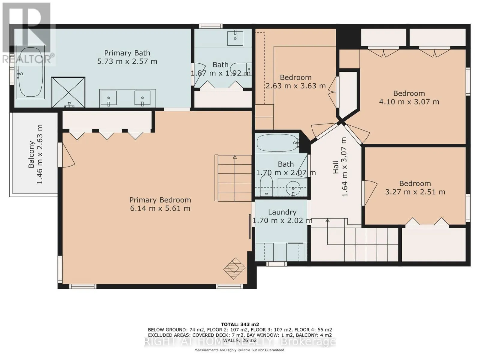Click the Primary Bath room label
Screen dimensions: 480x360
pyautogui.click(x=127, y=53)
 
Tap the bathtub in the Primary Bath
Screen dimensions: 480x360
pyautogui.click(x=31, y=72)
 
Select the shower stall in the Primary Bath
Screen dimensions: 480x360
pyautogui.click(x=68, y=92)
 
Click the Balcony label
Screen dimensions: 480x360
pyautogui.click(x=31, y=154)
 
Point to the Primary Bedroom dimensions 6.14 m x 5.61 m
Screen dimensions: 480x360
pyautogui.click(x=160, y=208)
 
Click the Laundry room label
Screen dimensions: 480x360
pyautogui.click(x=282, y=212)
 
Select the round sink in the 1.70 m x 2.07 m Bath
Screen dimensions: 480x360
pyautogui.click(x=293, y=188)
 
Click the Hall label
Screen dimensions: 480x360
pyautogui.click(x=336, y=167)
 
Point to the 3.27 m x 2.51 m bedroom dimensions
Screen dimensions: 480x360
pyautogui.click(x=415, y=192)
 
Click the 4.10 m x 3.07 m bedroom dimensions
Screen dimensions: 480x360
pyautogui.click(x=409, y=102)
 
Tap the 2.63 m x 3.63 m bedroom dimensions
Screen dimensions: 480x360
pyautogui.click(x=296, y=86)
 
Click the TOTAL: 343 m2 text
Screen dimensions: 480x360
pyautogui.click(x=240, y=325)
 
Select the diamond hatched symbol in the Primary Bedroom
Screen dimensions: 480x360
pyautogui.click(x=234, y=268)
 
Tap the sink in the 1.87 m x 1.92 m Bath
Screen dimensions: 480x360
pyautogui.click(x=235, y=38)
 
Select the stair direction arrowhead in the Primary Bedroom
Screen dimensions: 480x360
pyautogui.click(x=235, y=157)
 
